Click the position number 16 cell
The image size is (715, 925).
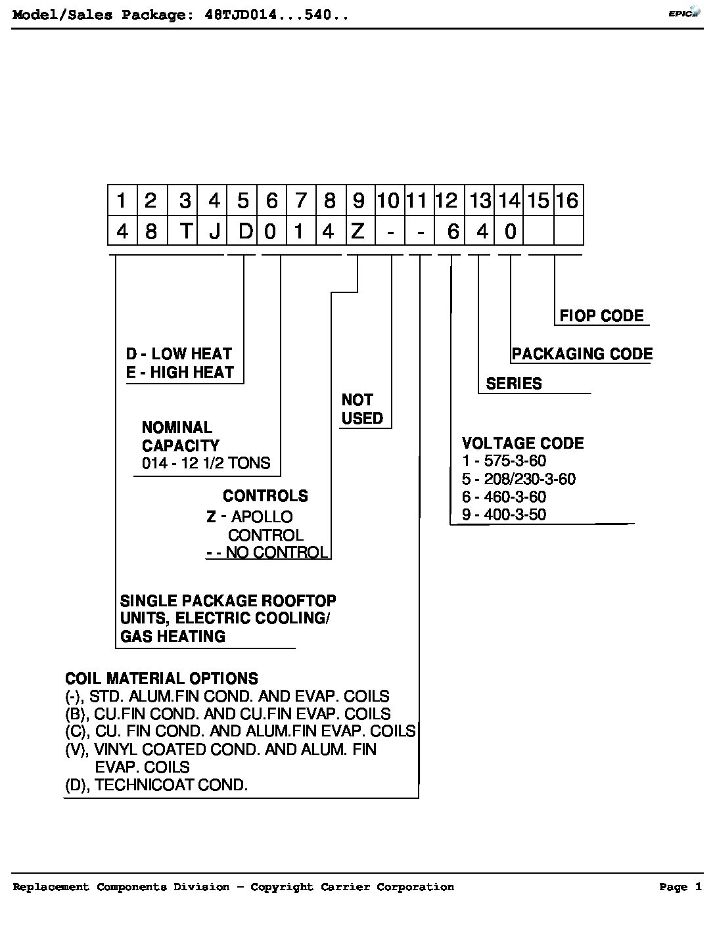(568, 200)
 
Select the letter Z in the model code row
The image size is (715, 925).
(357, 231)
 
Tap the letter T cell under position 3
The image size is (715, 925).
(186, 231)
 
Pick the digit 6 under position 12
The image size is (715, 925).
(453, 231)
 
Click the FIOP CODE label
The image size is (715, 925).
(601, 316)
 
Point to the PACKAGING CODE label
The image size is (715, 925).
(582, 353)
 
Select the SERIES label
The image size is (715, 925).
(513, 384)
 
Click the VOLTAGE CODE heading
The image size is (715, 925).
(522, 443)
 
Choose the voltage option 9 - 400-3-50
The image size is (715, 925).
(504, 514)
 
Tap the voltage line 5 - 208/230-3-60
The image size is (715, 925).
(519, 479)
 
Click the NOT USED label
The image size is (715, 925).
(362, 409)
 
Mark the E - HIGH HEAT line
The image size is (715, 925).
(179, 372)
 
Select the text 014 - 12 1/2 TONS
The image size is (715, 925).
(206, 462)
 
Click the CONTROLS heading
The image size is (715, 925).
(265, 496)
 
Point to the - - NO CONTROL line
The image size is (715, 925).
(267, 552)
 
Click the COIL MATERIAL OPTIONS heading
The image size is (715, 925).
(162, 678)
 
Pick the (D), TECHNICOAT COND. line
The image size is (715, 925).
(156, 784)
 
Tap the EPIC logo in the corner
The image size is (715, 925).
(684, 12)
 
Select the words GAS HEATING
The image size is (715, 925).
(172, 637)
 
